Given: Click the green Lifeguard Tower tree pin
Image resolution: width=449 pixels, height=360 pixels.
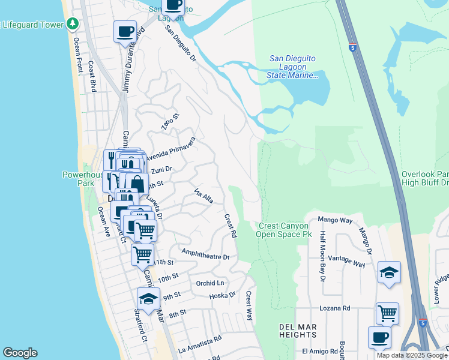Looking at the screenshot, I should click(x=73, y=24).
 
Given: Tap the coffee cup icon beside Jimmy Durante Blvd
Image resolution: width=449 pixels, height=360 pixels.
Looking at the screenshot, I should click(x=125, y=31).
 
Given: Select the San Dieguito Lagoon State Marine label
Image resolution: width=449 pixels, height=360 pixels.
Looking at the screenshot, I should click(x=292, y=67).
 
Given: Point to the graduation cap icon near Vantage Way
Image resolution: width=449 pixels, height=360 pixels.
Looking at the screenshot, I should click(x=389, y=273).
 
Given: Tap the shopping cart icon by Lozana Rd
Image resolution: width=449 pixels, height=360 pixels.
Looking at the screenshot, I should click(x=387, y=313).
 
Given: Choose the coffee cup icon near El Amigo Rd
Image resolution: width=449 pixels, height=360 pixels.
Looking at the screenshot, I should click(x=379, y=337).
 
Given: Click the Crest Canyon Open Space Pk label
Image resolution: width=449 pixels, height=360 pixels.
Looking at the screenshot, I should click(x=285, y=230).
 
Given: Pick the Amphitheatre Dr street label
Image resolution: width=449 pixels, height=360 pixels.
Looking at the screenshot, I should click(x=205, y=256).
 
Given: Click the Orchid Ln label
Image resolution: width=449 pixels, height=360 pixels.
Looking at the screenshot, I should click(x=209, y=283).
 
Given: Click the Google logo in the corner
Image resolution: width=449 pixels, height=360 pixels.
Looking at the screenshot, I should click(x=20, y=353).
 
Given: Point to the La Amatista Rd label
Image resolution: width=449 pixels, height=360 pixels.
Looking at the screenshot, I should click(x=200, y=344).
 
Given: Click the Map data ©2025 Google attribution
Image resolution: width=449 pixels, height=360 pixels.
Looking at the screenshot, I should click(x=412, y=355).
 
